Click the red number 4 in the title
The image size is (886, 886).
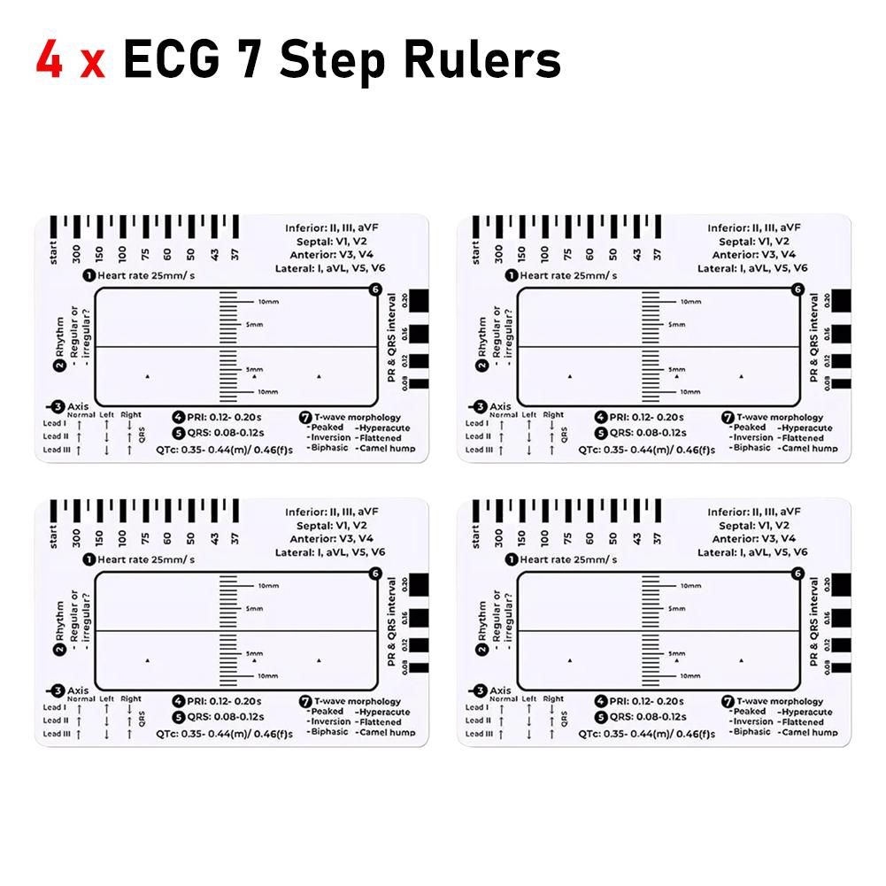point(50,60)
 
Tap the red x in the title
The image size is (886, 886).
point(91,64)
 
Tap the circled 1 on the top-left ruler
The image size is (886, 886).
point(89,275)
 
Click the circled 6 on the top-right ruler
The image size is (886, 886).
point(797,289)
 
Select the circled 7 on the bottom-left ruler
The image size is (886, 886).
point(305,699)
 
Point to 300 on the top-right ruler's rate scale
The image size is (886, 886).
point(499,254)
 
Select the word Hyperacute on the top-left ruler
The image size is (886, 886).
point(382,428)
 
